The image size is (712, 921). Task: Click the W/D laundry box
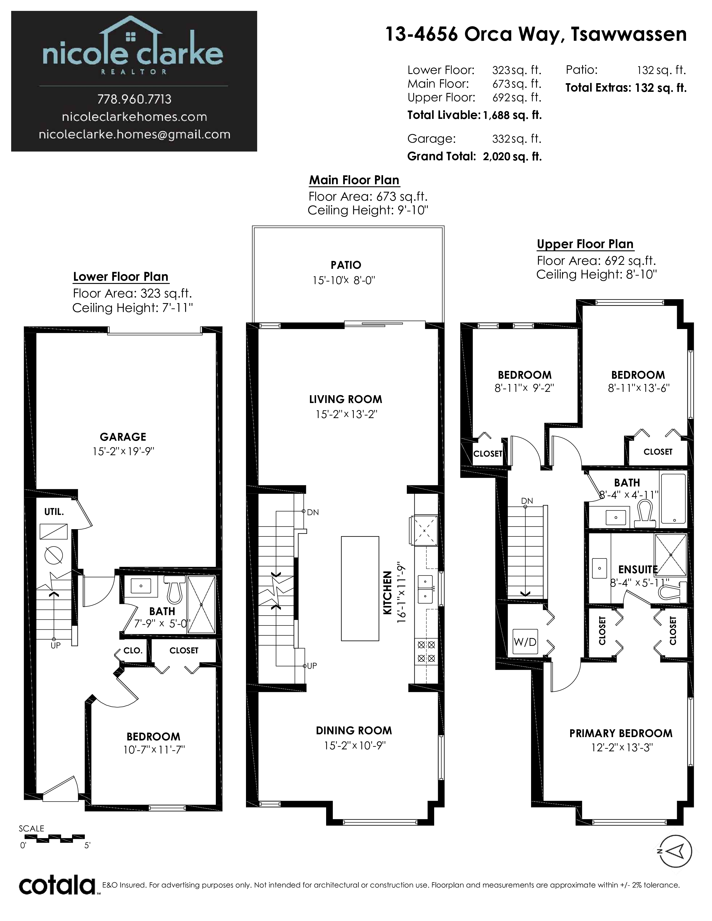pos(525,642)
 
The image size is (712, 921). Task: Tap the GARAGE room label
pos(123,437)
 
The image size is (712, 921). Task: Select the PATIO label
pos(346,265)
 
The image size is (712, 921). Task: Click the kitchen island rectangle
pos(360,588)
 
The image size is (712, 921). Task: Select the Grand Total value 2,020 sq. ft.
pos(512,157)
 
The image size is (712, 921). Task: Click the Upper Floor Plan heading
pos(585,244)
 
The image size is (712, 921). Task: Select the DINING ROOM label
pos(354,731)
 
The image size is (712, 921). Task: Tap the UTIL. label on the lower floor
pos(54,512)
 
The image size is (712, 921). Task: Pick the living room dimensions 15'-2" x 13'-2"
pos(346,414)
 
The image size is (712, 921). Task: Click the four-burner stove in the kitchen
pos(426,651)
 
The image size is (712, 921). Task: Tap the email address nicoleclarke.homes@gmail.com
pos(135,135)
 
